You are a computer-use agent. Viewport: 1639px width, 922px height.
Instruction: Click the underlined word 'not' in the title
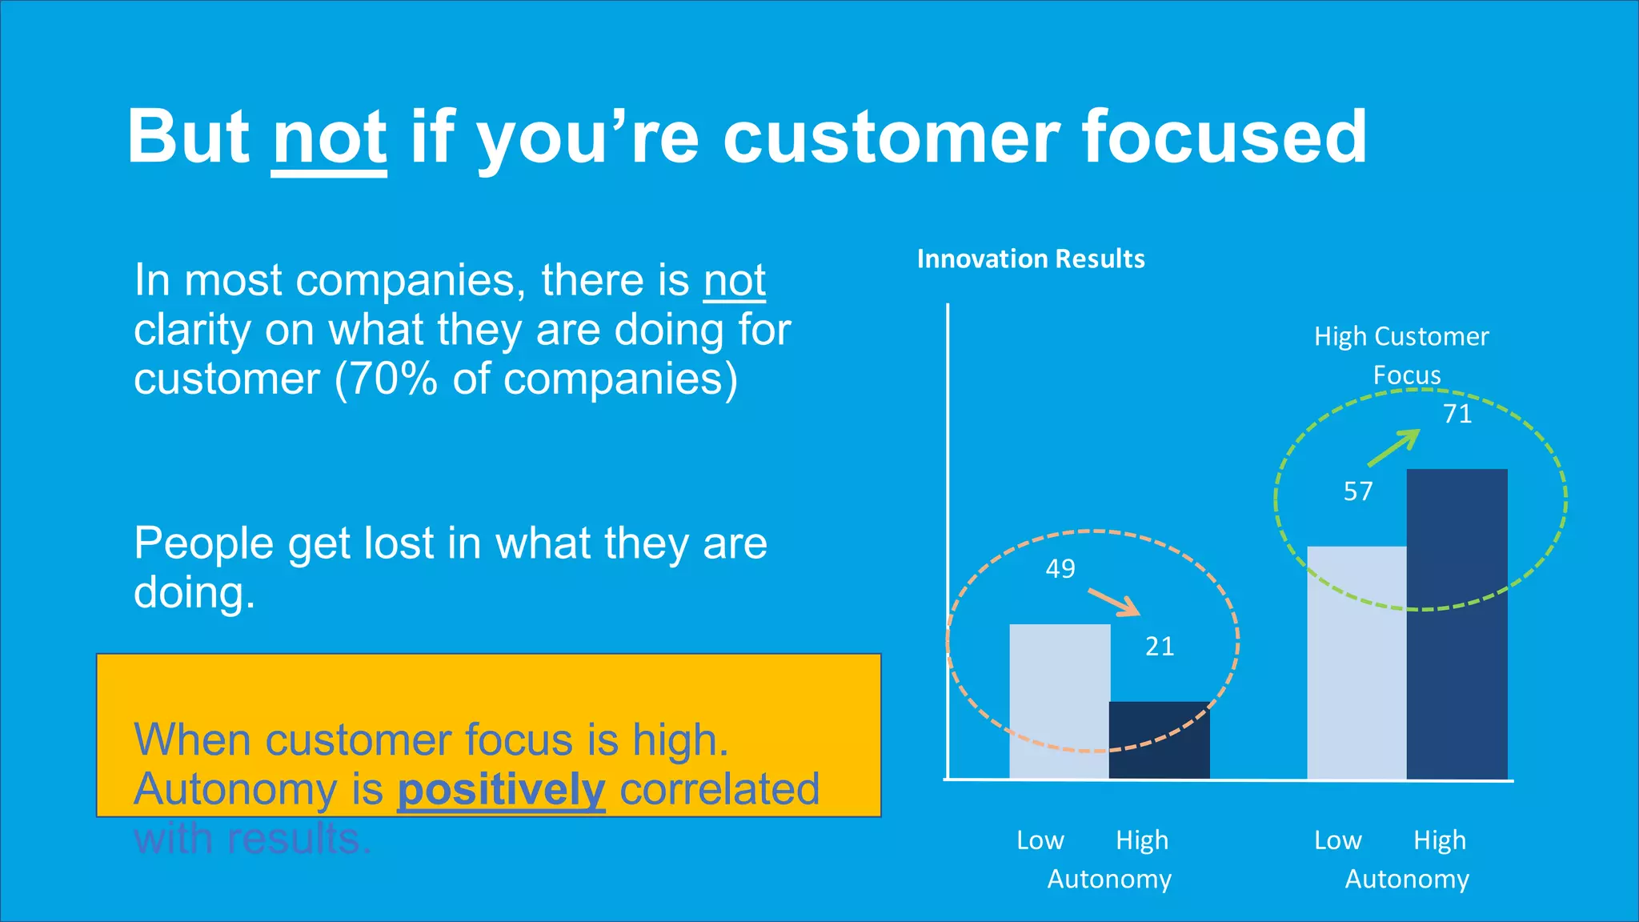pos(329,138)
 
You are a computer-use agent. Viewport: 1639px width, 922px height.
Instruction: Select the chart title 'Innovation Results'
pos(1031,259)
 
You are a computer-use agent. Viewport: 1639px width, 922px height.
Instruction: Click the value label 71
pos(1457,414)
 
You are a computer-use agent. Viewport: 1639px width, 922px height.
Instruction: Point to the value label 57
pos(1358,491)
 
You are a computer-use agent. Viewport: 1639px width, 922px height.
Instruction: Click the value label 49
pos(1060,569)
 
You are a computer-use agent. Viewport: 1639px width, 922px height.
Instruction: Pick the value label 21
pos(1160,647)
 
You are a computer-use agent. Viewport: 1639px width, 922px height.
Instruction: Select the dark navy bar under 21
pos(1159,740)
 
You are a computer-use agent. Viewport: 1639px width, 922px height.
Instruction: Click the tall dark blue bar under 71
pos(1457,624)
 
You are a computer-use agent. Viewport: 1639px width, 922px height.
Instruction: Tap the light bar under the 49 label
pos(1060,701)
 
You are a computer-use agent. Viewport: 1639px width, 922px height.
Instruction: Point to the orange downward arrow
pos(1114,603)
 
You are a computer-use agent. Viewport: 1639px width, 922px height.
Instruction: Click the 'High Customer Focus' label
pos(1401,355)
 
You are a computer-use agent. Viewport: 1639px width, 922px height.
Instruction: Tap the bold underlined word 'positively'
pos(501,791)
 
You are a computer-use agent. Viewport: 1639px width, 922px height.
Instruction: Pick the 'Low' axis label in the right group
pos(1337,840)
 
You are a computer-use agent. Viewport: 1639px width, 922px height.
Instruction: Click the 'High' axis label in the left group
pos(1142,840)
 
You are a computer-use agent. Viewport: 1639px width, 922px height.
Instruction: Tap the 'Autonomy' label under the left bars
pos(1109,880)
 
